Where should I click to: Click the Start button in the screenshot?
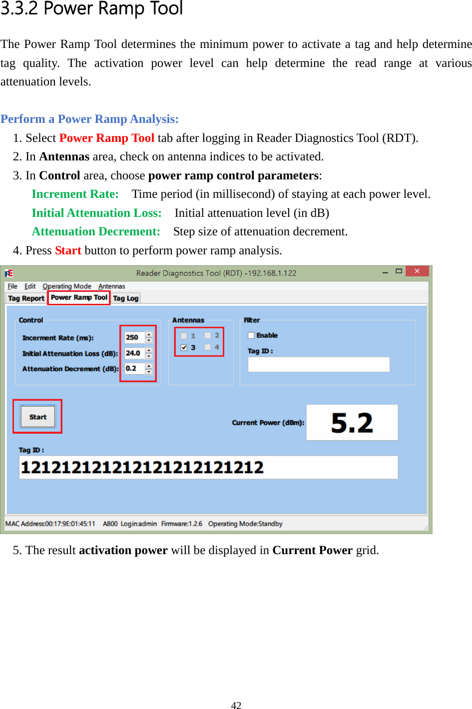[x=37, y=417]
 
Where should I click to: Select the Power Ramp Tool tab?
[x=79, y=298]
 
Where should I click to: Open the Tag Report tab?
[x=26, y=298]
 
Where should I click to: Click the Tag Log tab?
[x=125, y=298]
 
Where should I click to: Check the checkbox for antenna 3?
[x=184, y=347]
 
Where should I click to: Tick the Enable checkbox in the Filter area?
[x=251, y=335]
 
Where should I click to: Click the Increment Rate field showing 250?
[x=133, y=338]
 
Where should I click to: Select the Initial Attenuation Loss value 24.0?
[x=133, y=353]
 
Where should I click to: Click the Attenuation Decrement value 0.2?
[x=133, y=369]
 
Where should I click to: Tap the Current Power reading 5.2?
[x=352, y=423]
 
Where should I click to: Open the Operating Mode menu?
[x=67, y=286]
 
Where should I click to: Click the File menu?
[x=12, y=286]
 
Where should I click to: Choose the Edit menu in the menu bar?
[x=30, y=286]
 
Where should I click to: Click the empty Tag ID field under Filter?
[x=319, y=364]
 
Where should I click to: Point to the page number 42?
[x=236, y=705]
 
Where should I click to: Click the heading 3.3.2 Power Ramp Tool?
[x=92, y=8]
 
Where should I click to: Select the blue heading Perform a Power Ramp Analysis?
[x=90, y=119]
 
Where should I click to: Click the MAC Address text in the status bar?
[x=50, y=524]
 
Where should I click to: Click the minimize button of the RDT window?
[x=385, y=272]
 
